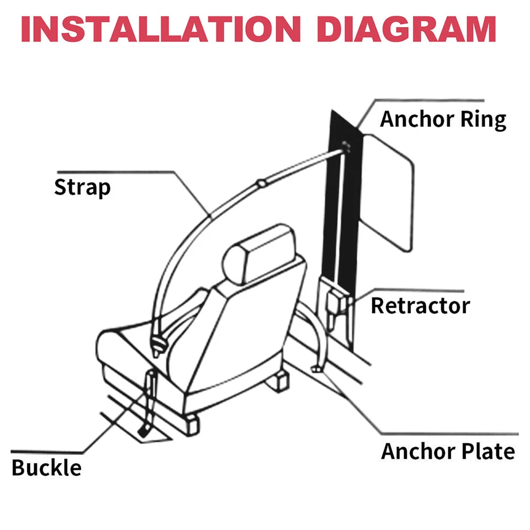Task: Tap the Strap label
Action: click(82, 188)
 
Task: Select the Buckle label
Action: click(46, 468)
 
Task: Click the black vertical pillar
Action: click(340, 221)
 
